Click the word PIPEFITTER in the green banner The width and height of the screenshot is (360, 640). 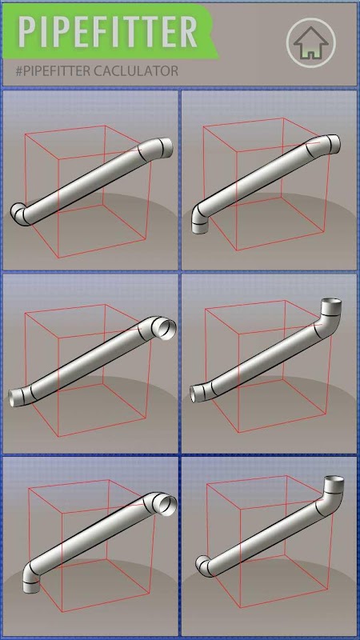point(108,32)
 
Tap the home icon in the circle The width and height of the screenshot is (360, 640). point(310,42)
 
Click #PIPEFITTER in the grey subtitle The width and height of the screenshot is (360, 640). point(53,71)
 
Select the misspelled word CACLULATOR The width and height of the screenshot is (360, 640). point(136,71)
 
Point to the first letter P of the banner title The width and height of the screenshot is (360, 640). point(27,32)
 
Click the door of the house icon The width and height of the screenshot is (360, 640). point(310,54)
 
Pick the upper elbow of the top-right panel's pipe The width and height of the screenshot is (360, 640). point(324,146)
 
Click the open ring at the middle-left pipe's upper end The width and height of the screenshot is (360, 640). point(166,329)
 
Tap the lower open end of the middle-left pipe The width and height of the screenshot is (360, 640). point(15,398)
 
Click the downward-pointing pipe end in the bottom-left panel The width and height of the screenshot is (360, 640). point(31,585)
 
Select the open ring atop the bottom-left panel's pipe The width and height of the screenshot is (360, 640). point(167,505)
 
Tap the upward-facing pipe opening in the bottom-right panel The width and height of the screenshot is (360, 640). point(334,481)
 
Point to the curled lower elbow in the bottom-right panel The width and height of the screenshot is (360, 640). point(205,566)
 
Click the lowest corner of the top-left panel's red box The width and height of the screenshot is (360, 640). point(59,258)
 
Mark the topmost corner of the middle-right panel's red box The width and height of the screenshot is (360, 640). point(285,301)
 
